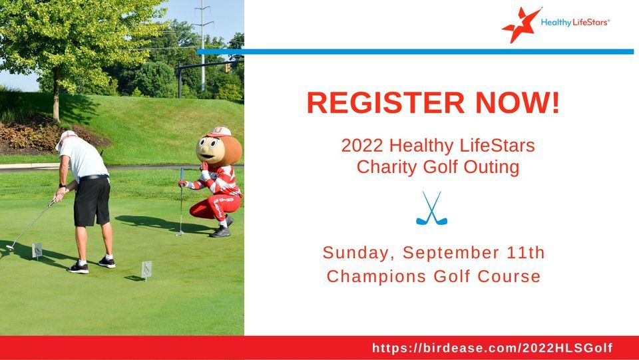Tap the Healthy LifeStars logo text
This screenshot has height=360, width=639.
click(574, 23)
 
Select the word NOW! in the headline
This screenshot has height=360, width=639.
click(521, 102)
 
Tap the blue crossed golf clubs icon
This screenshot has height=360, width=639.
click(431, 208)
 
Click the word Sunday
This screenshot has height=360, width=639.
click(358, 253)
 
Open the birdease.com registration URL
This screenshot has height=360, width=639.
click(492, 348)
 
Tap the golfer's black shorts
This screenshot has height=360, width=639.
click(91, 202)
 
